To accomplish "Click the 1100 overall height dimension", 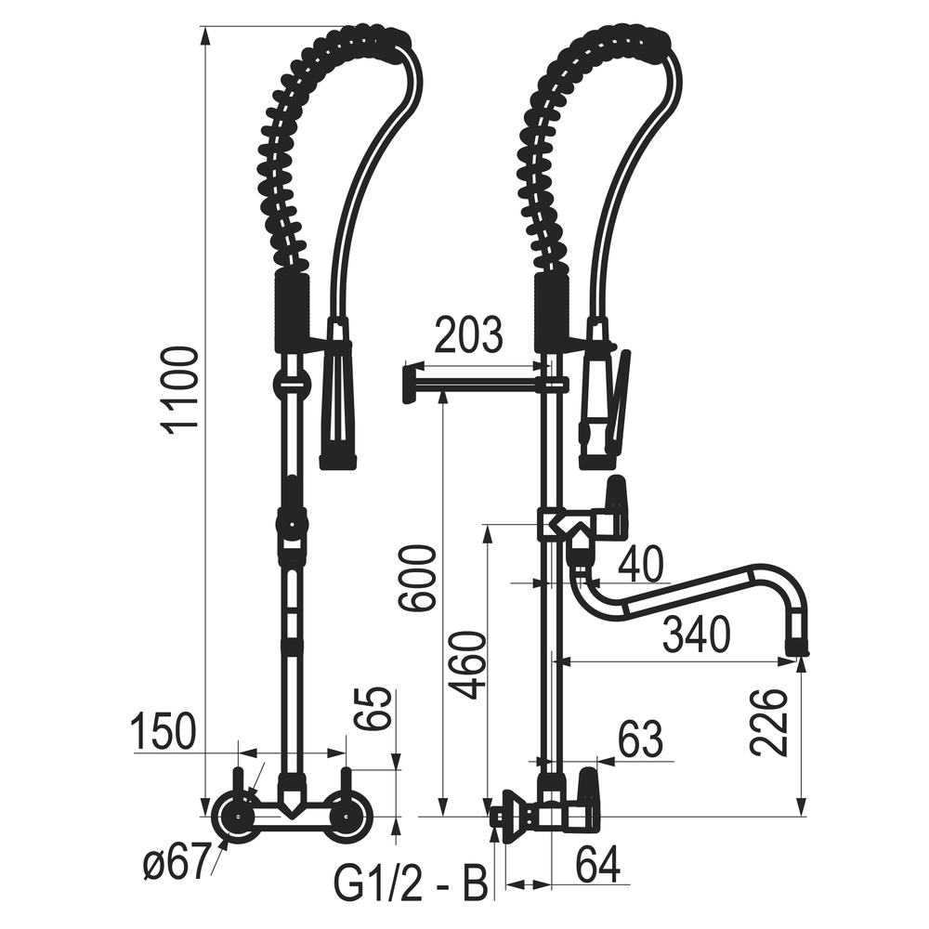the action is pos(180,392).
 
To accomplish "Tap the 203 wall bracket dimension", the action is pos(468,334).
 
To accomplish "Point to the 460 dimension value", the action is pos(466,666).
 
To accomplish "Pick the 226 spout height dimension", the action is pos(768,722).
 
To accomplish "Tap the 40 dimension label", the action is pos(640,565).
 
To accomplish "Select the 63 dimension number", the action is pos(640,739).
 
